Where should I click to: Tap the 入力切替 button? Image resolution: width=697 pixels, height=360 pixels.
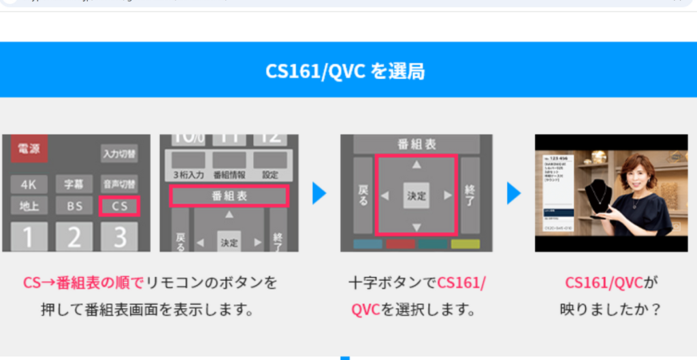click(x=119, y=154)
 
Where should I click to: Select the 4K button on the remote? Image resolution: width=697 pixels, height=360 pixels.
click(x=29, y=184)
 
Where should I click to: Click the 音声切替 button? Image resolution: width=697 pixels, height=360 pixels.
click(x=119, y=184)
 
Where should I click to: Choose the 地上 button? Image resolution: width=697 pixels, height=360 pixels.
click(x=29, y=206)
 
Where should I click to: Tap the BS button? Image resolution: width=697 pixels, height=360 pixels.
click(x=74, y=206)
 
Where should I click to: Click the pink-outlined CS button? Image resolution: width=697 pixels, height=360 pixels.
click(x=119, y=206)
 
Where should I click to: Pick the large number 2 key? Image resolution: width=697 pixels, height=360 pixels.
click(x=74, y=238)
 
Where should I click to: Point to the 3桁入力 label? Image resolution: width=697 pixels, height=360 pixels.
click(x=189, y=175)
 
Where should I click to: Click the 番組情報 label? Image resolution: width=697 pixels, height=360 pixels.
click(x=229, y=175)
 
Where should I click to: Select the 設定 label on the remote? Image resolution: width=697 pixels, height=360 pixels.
click(x=270, y=175)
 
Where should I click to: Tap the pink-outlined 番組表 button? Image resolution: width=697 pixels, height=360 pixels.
click(x=229, y=197)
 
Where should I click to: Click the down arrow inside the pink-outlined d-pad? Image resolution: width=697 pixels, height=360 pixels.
click(x=417, y=227)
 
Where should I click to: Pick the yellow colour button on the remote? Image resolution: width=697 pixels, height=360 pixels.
click(x=465, y=244)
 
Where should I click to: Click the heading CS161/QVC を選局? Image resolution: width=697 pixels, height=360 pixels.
click(x=348, y=71)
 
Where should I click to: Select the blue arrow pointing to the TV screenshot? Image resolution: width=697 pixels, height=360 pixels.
click(x=514, y=193)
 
